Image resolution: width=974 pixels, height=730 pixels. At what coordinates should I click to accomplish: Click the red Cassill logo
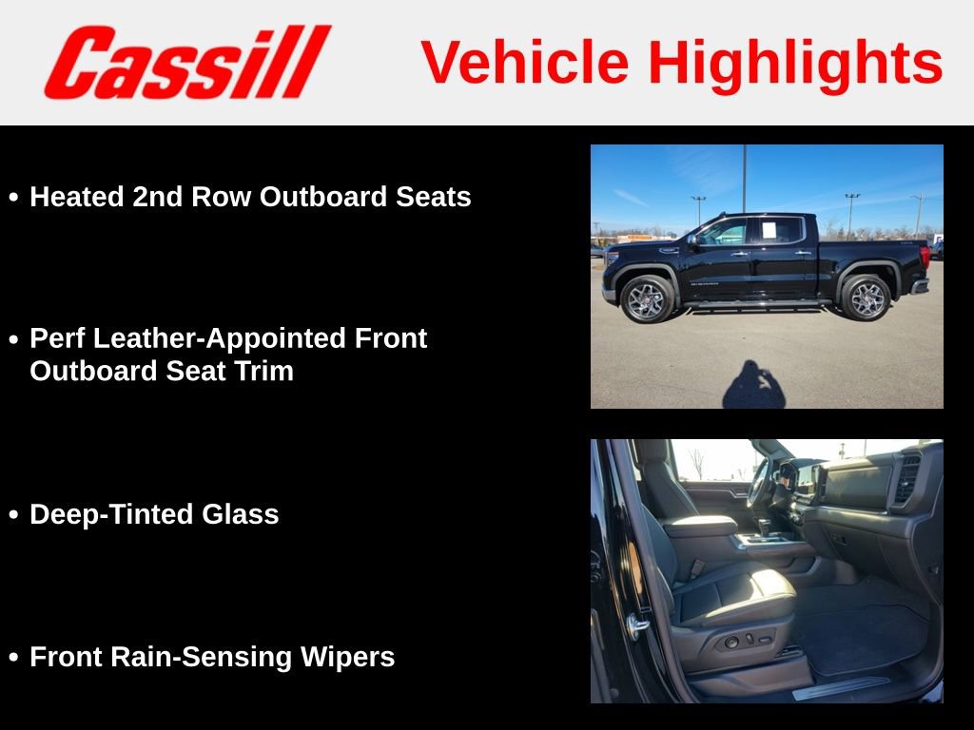187,63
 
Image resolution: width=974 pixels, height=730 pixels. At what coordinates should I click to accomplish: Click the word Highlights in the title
795,63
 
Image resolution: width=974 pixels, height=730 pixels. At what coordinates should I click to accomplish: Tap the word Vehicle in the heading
525,63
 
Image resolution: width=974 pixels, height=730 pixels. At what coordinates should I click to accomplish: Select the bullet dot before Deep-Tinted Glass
13,515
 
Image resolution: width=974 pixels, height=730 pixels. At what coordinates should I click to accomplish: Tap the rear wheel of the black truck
865,298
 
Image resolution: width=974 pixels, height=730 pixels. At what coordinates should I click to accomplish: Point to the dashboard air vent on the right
906,478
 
